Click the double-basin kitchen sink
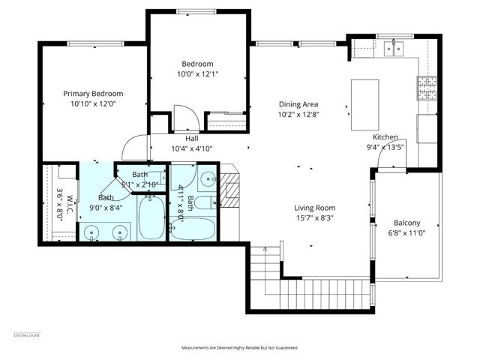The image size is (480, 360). [x=391, y=50]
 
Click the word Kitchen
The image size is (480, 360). [x=385, y=137]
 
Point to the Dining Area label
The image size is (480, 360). [x=298, y=104]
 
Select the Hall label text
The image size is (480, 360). [x=192, y=139]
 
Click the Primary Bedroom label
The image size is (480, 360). [x=93, y=94]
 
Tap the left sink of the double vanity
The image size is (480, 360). [x=91, y=233]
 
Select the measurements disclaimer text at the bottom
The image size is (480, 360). [x=239, y=348]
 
